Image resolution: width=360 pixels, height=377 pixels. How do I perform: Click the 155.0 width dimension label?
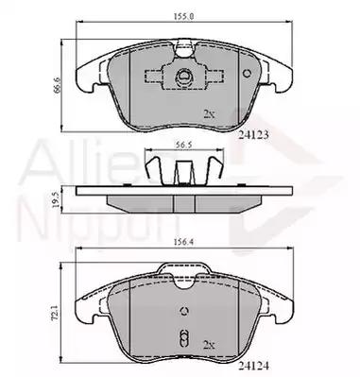183,16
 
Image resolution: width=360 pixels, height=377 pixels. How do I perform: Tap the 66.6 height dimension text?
56,85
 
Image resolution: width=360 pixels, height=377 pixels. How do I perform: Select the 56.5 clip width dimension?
183,145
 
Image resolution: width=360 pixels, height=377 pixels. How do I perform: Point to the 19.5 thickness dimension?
56,200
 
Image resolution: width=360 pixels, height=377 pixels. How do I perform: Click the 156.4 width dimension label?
183,242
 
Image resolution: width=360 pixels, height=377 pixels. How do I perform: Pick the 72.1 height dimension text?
56,312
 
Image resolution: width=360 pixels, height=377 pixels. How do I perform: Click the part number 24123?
253,135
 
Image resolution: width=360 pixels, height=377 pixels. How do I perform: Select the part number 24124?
254,366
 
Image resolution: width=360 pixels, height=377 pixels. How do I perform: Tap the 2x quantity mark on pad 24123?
209,113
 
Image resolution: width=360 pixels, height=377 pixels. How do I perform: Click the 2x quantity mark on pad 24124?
209,345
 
